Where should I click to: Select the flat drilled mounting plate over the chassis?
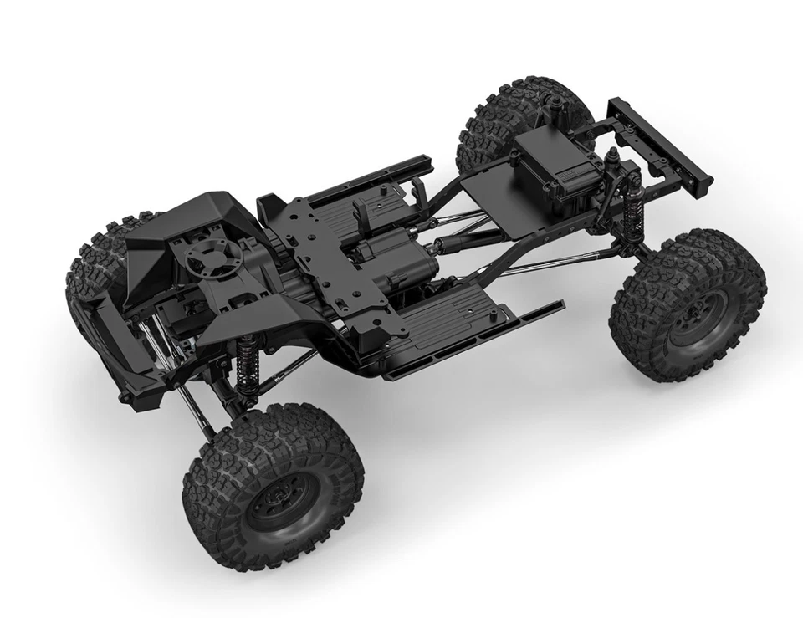322,251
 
